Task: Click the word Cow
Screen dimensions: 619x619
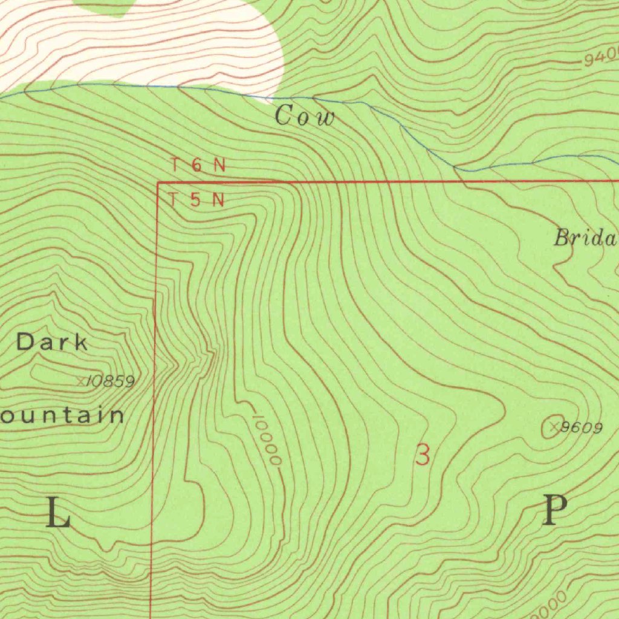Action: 304,116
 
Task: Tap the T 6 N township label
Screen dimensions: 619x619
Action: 198,165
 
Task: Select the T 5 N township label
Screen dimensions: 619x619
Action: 196,199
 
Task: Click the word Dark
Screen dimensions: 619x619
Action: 52,343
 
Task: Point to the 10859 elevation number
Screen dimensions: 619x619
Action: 110,381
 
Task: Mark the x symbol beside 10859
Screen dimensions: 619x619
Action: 81,381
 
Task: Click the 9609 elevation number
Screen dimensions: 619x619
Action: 581,428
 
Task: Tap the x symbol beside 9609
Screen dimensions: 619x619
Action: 553,427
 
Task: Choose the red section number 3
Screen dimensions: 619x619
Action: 423,455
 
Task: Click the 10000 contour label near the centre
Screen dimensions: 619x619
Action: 267,439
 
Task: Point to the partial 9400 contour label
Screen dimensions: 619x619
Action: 601,59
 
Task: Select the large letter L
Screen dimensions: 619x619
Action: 59,514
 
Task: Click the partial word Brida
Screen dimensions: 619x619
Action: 585,238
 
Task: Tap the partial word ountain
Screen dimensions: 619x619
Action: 62,415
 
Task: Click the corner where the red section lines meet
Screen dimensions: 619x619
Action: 158,182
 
